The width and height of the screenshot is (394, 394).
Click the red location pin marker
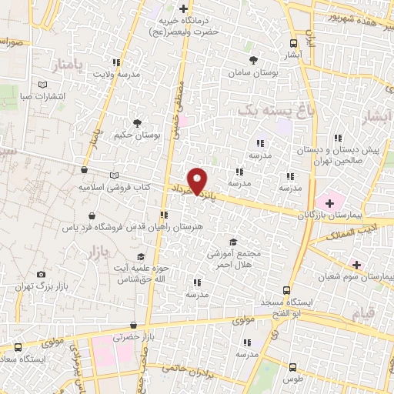(199, 180)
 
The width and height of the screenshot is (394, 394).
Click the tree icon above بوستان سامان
(255, 59)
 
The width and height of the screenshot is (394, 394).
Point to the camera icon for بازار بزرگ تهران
(41, 274)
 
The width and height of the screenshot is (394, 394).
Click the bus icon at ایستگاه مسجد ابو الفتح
(286, 291)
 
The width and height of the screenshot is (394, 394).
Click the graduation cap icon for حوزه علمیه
(140, 256)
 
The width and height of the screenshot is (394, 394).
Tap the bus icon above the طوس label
(292, 367)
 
